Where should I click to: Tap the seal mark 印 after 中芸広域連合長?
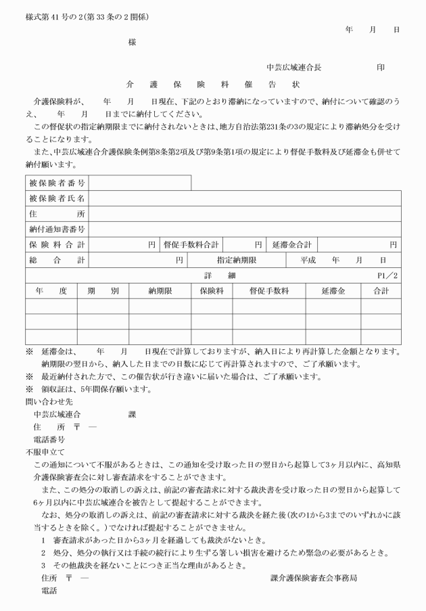pos(381,68)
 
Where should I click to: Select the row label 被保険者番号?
pos(57,183)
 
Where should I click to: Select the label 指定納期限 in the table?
pos(237,260)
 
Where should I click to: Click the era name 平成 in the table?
pos(310,260)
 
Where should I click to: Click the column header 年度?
pos(51,291)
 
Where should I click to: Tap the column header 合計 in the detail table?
pos(381,291)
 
